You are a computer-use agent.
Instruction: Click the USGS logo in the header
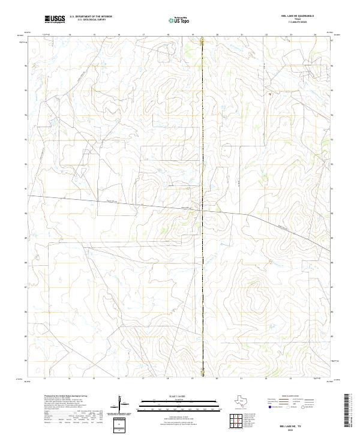[x=55, y=19]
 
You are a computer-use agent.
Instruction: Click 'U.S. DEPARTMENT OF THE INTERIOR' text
[x=91, y=17]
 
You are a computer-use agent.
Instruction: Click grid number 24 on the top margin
[x=315, y=35]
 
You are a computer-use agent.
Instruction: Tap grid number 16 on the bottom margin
[x=119, y=379]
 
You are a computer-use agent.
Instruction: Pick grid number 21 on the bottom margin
[x=241, y=379]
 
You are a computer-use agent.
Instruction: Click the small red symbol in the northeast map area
[x=271, y=94]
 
